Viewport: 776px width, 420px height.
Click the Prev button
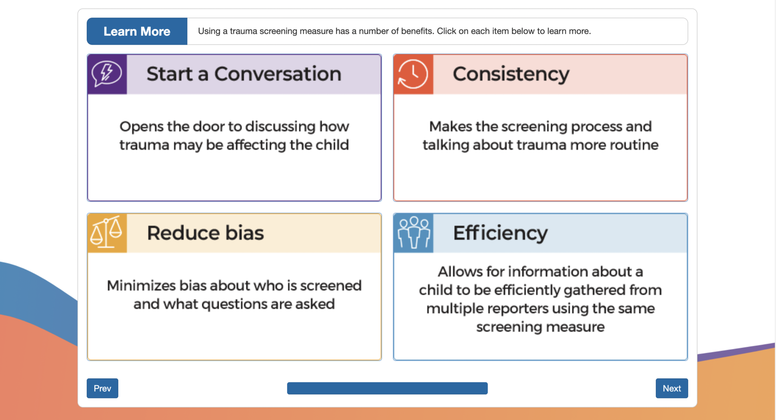(102, 388)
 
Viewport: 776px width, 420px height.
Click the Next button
(672, 388)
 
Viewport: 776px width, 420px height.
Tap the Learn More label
(137, 31)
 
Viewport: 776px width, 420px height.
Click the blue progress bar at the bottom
(387, 388)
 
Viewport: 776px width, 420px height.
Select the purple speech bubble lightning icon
(107, 74)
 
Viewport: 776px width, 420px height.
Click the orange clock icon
(413, 74)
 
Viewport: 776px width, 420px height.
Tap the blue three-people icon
(413, 233)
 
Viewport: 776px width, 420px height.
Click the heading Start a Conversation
(244, 74)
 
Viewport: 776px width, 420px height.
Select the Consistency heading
(511, 74)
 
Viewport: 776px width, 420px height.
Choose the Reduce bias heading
(205, 233)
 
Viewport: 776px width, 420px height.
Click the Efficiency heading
(500, 233)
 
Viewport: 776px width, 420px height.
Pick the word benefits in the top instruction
(419, 31)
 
